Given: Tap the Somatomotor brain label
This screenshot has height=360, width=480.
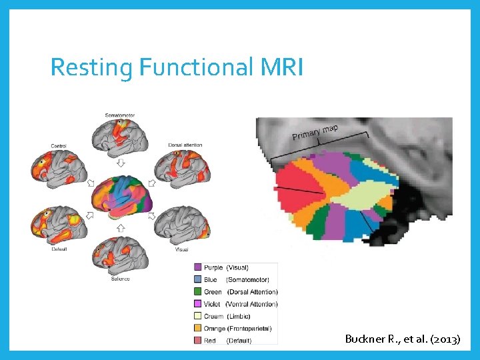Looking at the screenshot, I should click(x=120, y=115).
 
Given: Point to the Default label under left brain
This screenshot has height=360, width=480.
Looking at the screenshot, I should click(x=59, y=249).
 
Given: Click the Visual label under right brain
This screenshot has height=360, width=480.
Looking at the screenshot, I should click(x=181, y=249).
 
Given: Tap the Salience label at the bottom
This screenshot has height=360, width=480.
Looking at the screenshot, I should click(x=120, y=279).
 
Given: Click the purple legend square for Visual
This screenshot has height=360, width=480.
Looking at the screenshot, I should click(x=197, y=267).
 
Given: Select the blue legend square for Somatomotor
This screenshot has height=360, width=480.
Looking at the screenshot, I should click(x=197, y=279).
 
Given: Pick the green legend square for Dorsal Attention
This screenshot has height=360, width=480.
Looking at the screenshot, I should click(x=197, y=291).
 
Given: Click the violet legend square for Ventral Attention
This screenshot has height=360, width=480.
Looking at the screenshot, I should click(x=197, y=304).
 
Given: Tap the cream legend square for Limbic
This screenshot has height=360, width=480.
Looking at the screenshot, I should click(x=197, y=316).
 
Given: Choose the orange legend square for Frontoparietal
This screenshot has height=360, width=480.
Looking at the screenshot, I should click(x=197, y=328).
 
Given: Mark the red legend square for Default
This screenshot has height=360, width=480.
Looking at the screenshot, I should click(x=197, y=341).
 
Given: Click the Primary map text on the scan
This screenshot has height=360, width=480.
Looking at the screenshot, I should click(x=315, y=133).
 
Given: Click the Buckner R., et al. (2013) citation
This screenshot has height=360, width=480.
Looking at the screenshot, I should click(x=402, y=339).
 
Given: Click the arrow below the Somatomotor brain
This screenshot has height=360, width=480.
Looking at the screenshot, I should click(x=121, y=162).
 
